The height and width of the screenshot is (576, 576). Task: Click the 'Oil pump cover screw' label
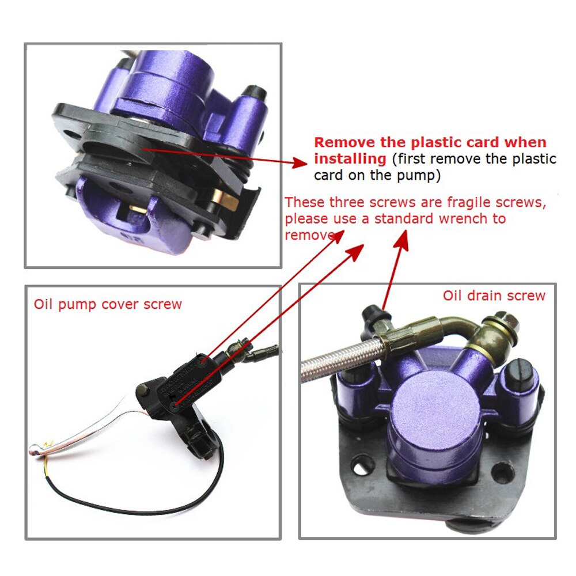(x=108, y=304)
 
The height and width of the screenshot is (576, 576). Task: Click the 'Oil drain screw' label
(x=494, y=296)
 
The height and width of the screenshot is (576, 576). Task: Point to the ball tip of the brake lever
(x=36, y=448)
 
